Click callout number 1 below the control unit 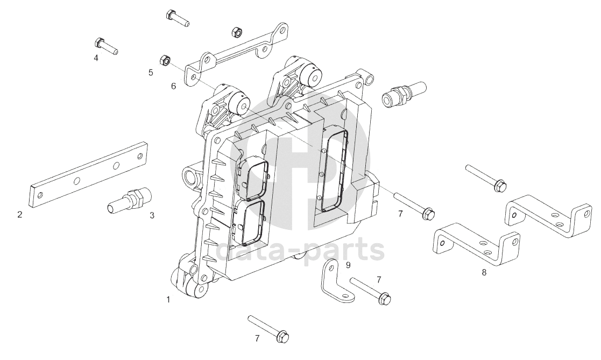coord(168,299)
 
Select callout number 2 coord(20,214)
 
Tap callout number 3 coord(152,215)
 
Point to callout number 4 coord(96,58)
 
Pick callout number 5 coord(151,73)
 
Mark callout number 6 coord(173,86)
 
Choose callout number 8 coord(484,273)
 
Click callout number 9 coord(348,265)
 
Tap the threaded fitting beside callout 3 coord(129,200)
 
